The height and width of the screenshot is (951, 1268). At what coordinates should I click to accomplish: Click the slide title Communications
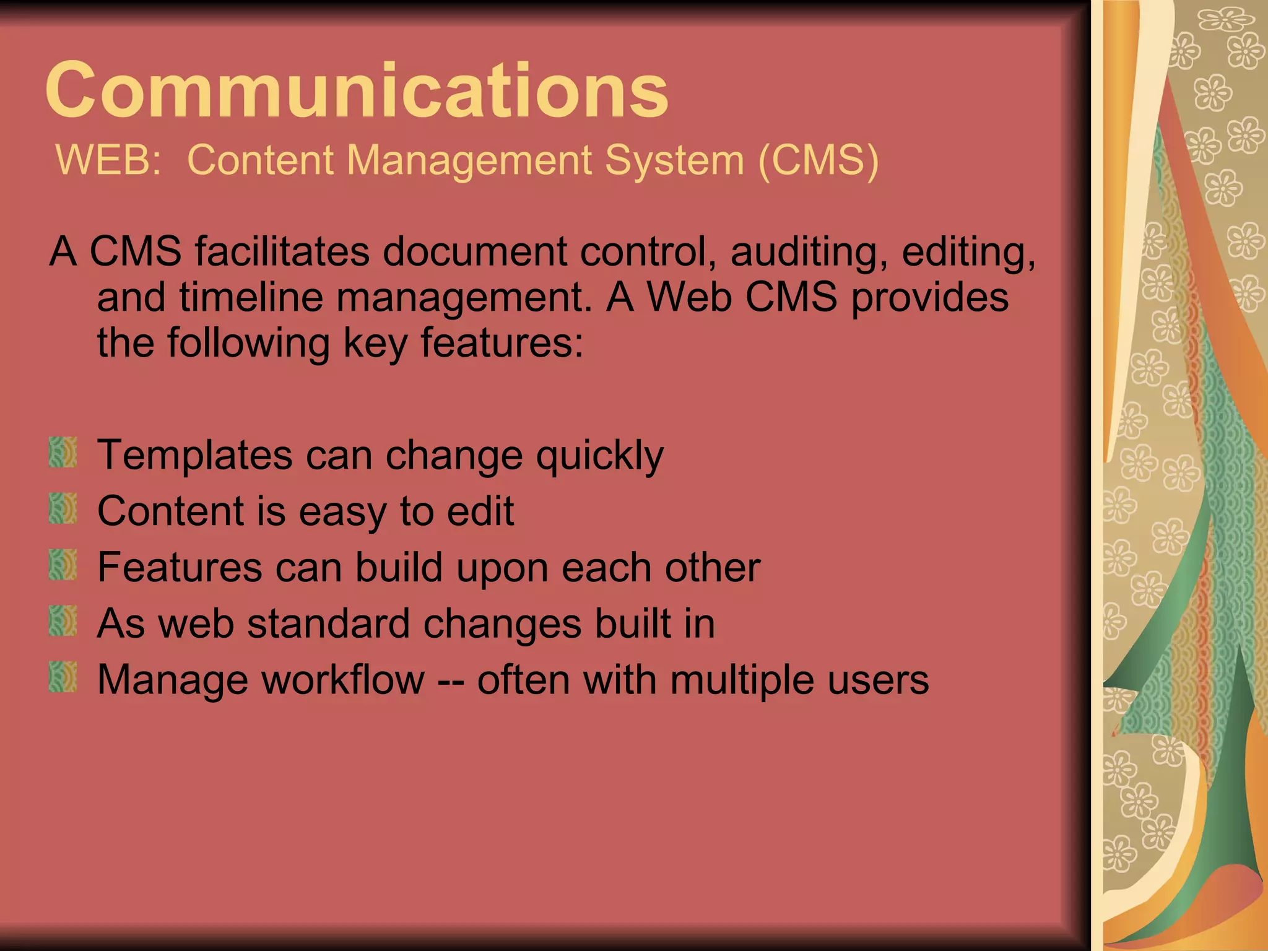tap(357, 90)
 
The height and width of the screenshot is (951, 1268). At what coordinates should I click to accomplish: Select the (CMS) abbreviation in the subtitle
tap(818, 160)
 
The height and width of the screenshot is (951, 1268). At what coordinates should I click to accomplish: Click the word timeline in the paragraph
tap(251, 297)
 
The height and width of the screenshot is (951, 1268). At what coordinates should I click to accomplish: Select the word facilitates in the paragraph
tap(282, 251)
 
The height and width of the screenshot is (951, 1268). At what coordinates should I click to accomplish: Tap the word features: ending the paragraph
tap(502, 343)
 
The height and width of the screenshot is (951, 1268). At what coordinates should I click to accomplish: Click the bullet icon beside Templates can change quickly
tap(63, 453)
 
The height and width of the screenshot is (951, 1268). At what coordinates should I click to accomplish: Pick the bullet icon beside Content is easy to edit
tap(63, 509)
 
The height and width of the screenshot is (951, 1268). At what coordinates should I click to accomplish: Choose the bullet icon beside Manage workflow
tap(63, 677)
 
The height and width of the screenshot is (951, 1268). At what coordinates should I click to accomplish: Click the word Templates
tap(194, 456)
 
